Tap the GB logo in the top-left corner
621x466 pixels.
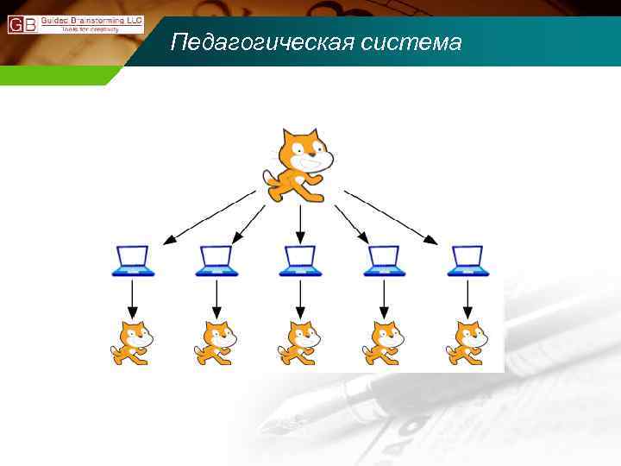pos(22,24)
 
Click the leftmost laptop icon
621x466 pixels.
pos(133,261)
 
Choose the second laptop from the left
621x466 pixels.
pos(216,261)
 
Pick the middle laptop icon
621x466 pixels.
pos(300,261)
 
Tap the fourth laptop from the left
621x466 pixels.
pos(384,261)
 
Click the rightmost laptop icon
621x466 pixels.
pos(468,261)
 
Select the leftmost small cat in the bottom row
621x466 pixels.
pos(132,343)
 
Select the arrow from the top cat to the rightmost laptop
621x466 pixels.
pos(393,217)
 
